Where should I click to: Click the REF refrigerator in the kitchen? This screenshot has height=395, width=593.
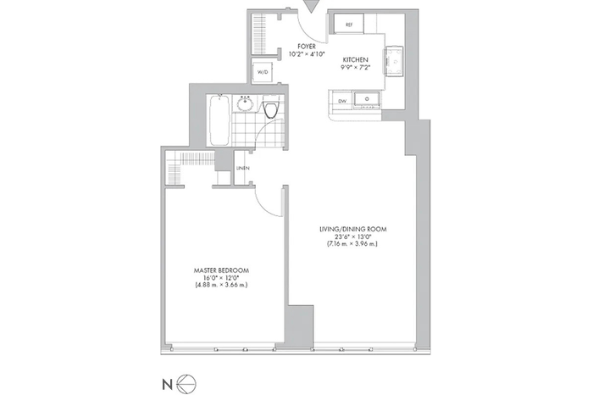point(349,25)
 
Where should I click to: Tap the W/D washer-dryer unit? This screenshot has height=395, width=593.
point(263,72)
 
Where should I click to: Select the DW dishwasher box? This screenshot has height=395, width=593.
point(342,101)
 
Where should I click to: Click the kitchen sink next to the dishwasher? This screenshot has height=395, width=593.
point(367,99)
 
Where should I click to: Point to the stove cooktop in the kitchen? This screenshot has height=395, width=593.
point(394,61)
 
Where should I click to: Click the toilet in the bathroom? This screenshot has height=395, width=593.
point(271,107)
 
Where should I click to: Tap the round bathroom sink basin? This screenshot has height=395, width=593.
point(246,103)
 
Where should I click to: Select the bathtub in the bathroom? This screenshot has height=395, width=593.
point(219,120)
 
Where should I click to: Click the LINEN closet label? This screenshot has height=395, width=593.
point(243,168)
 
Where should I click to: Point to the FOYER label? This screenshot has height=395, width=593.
point(307,47)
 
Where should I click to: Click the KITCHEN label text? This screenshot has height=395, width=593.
point(355,60)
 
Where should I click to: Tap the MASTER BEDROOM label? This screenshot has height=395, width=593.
point(221,270)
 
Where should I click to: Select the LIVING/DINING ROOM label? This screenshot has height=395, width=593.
point(353,229)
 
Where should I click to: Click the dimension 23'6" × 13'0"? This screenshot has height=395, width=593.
point(352,236)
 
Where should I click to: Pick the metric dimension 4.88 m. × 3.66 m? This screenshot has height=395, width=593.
point(221,285)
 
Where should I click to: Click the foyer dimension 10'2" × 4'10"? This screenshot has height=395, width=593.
point(307,53)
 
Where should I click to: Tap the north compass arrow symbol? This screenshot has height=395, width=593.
point(187,385)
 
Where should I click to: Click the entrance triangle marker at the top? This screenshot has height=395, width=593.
point(311,6)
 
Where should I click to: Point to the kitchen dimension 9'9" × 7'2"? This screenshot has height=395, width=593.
point(355,67)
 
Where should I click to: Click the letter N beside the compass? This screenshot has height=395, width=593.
point(167,385)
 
